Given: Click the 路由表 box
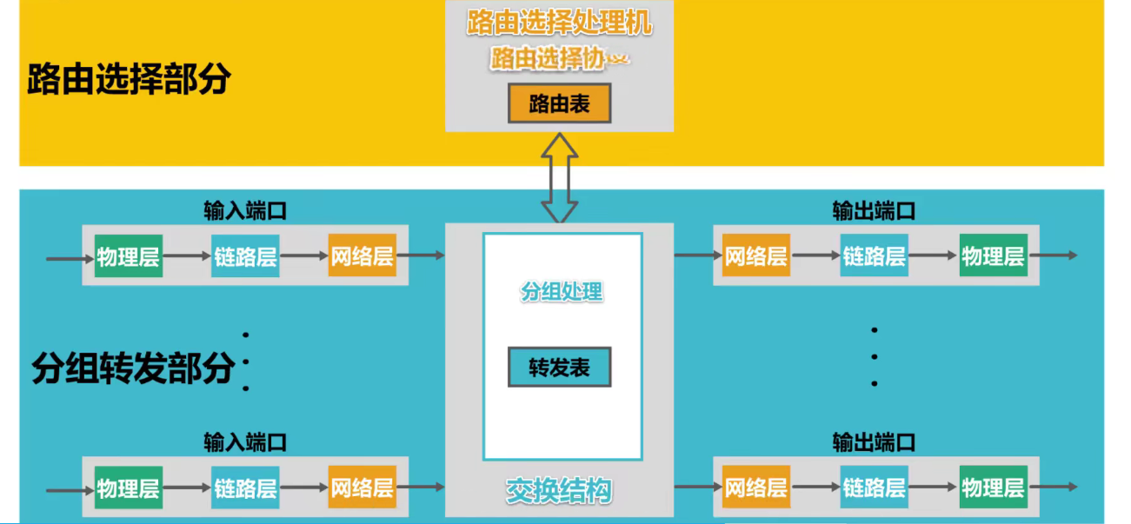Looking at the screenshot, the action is (x=560, y=103).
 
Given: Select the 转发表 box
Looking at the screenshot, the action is (x=560, y=367).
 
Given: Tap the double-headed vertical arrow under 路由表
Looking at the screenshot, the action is (x=559, y=178).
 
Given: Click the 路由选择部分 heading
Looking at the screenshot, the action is (x=129, y=78).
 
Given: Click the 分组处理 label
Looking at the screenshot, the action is (x=562, y=291).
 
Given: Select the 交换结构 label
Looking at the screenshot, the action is (x=559, y=491).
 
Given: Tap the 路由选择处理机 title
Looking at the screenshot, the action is (x=559, y=23).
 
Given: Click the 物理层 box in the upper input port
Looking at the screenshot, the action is (x=129, y=255).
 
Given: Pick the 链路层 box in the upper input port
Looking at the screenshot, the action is (x=245, y=255).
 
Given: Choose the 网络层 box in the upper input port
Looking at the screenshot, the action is (x=362, y=255).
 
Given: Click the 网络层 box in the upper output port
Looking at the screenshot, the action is (x=756, y=255).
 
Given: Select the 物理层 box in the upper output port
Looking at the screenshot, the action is (x=993, y=255).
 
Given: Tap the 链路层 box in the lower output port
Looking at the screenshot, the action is (x=874, y=488).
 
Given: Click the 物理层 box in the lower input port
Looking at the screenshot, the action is (x=129, y=488).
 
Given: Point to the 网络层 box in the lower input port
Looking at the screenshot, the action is (x=362, y=488).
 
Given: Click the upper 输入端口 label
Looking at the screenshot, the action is (x=245, y=211).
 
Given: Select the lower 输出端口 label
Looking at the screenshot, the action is (x=874, y=442).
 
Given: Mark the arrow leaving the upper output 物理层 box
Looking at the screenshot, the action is (x=1053, y=255).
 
